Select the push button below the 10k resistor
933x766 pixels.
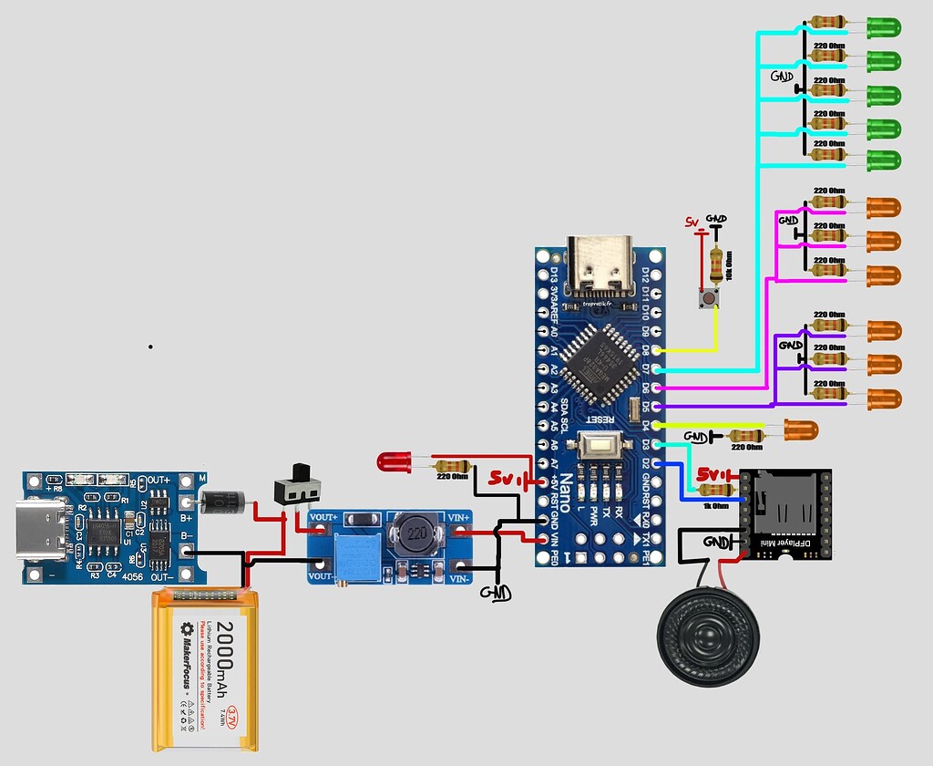pyautogui.click(x=706, y=298)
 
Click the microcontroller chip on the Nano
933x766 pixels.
pyautogui.click(x=596, y=364)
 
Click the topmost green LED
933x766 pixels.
pyautogui.click(x=883, y=28)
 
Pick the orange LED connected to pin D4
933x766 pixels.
pyautogui.click(x=800, y=430)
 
